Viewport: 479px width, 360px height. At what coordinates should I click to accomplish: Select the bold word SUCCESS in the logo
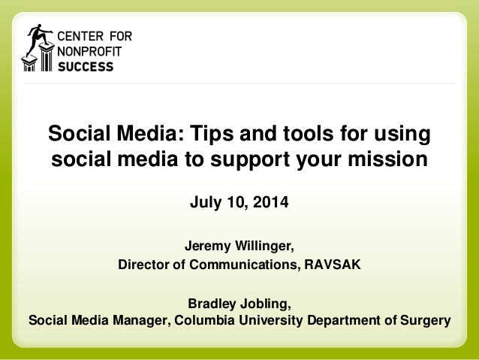(86, 66)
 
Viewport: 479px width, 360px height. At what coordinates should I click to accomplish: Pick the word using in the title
(403, 135)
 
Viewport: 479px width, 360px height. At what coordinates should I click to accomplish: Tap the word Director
(144, 265)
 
